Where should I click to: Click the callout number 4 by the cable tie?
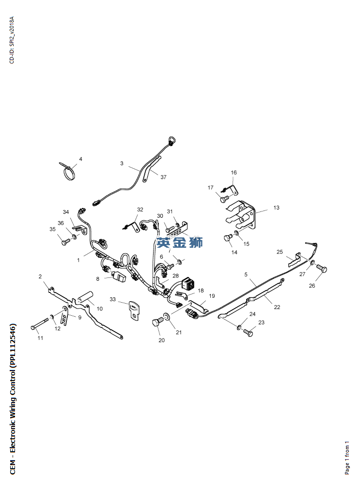click(81, 159)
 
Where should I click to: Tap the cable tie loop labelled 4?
click(69, 172)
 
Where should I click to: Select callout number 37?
click(163, 177)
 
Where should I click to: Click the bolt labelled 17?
click(224, 198)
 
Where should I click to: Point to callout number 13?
click(276, 208)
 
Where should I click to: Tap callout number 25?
click(280, 252)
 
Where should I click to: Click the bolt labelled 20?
click(157, 322)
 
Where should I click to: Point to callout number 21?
click(178, 332)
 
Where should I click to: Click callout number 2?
click(40, 276)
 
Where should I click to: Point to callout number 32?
click(140, 210)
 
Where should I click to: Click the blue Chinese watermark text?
click(180, 242)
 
